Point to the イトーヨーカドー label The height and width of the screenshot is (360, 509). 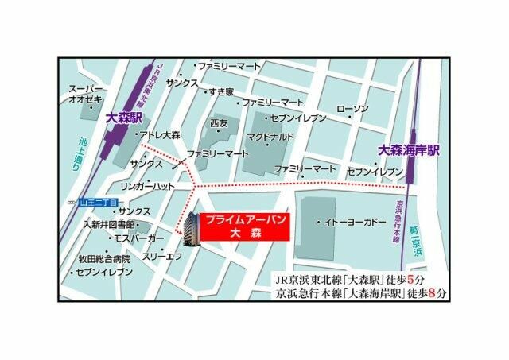coord(352,223)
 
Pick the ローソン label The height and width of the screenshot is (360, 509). coord(352,108)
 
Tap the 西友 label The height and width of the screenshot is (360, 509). coord(219,123)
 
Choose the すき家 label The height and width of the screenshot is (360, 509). coord(220,92)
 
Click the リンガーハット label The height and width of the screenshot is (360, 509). coord(147,185)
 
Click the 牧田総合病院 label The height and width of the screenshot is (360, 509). coord(103,258)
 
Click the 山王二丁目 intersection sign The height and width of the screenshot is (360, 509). coord(97,203)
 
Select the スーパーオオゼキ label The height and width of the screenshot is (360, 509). coord(87,94)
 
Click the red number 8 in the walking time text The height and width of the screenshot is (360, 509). coord(429,294)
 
